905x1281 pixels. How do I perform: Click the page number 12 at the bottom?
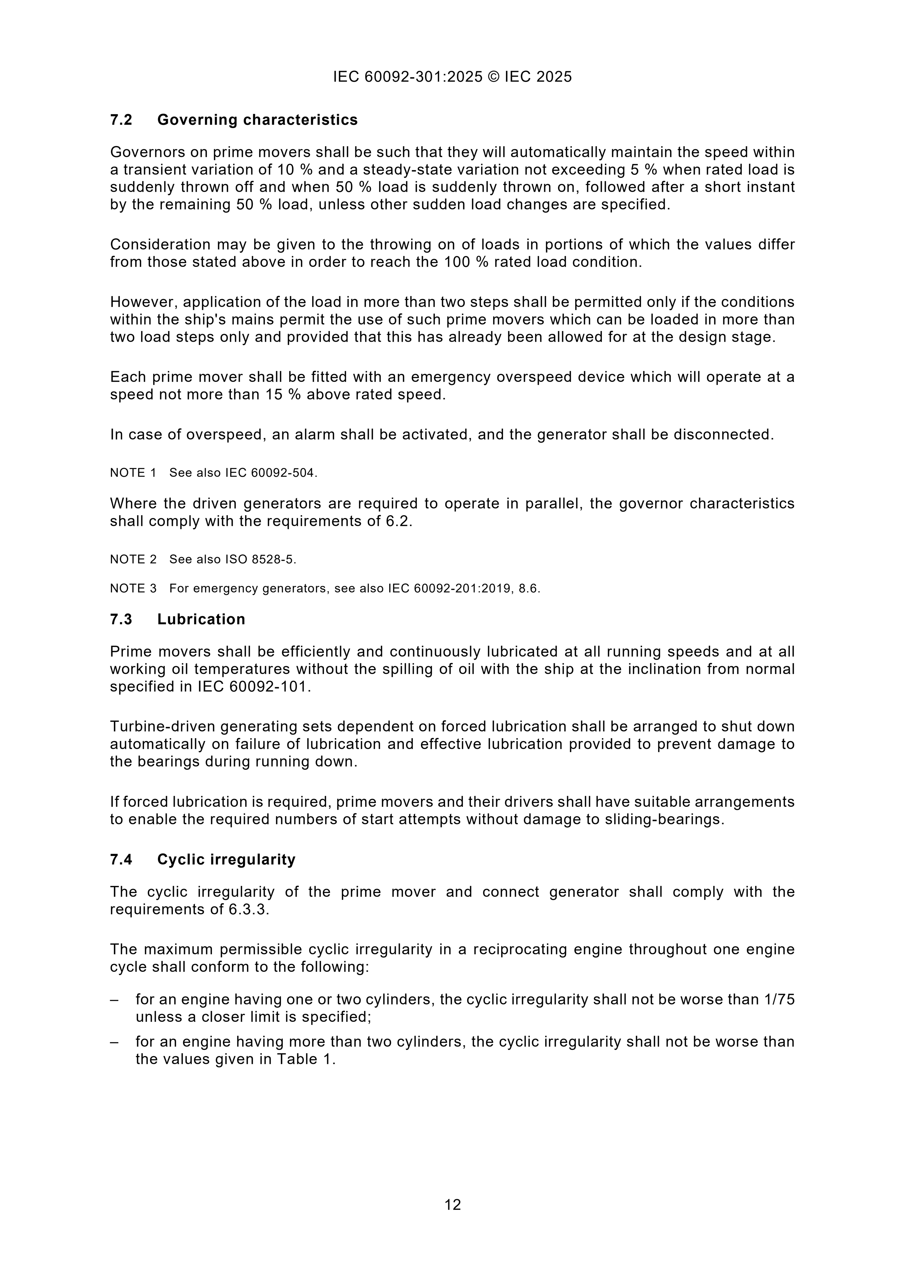point(452,1205)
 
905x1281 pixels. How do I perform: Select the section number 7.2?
point(121,120)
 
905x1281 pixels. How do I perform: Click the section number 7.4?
point(121,859)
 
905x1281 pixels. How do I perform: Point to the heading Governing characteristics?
point(257,120)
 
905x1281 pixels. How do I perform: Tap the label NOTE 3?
point(133,588)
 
